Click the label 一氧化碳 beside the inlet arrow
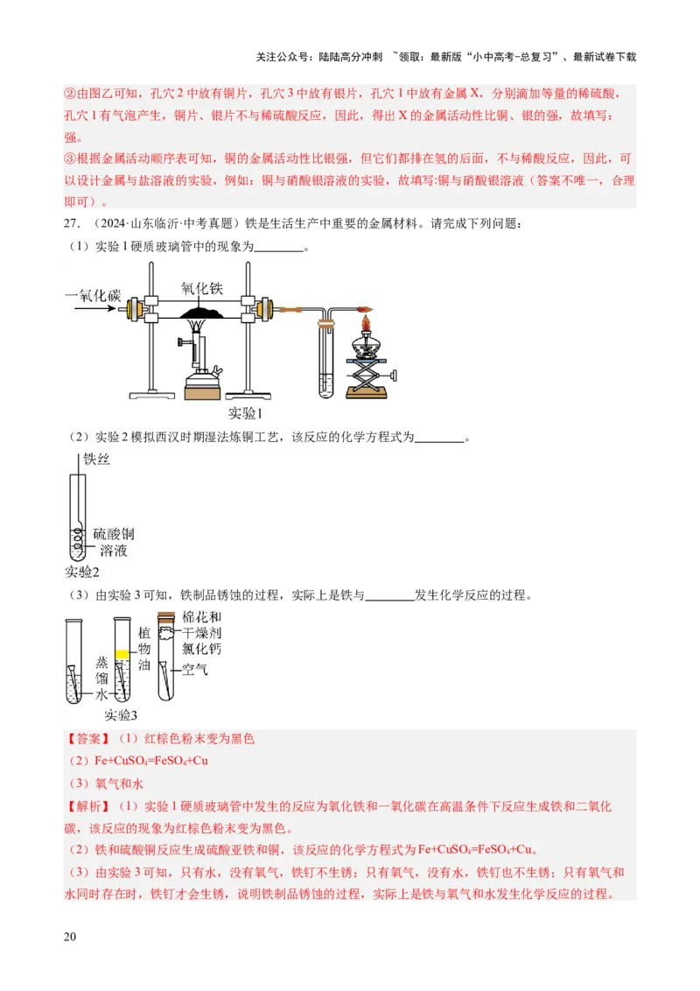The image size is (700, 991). tap(93, 296)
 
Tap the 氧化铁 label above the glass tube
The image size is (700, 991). tap(201, 287)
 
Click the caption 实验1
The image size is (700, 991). tap(245, 413)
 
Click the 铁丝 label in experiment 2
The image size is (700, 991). tap(96, 459)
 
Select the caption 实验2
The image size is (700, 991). tap(82, 572)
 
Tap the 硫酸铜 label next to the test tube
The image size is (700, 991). tap(114, 533)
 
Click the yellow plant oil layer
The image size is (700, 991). tap(122, 652)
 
